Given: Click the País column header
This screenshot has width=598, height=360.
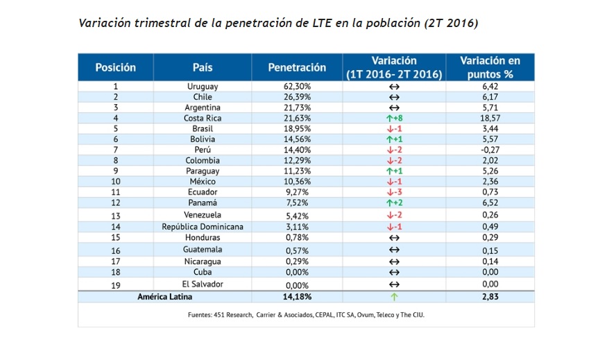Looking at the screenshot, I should click(203, 67).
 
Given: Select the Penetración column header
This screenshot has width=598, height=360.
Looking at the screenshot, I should click(297, 67).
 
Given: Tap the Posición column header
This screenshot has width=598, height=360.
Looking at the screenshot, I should click(115, 67).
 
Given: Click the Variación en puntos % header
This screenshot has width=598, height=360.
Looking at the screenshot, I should click(490, 67).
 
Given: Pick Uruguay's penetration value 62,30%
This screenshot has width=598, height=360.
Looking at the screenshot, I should click(298, 87).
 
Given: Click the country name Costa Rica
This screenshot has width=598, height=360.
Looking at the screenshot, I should click(203, 119).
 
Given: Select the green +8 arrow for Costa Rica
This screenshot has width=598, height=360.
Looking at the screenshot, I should click(393, 119).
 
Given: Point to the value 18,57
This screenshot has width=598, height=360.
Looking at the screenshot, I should click(490, 119).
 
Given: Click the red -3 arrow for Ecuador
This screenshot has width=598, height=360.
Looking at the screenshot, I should click(393, 192).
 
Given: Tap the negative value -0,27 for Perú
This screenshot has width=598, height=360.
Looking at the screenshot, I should click(490, 150).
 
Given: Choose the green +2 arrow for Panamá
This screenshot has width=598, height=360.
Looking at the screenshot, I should click(393, 203).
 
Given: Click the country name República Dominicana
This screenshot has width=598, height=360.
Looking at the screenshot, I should click(203, 226).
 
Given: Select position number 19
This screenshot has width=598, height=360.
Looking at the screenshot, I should click(115, 284).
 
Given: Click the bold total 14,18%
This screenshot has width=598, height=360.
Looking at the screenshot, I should click(298, 297).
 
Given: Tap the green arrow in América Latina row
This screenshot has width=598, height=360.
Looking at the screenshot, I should click(393, 297).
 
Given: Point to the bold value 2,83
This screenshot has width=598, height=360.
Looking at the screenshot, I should click(490, 297).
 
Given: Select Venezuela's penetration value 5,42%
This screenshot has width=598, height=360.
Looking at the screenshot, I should click(298, 215).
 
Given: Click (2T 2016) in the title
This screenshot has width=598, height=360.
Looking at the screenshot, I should click(451, 23).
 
